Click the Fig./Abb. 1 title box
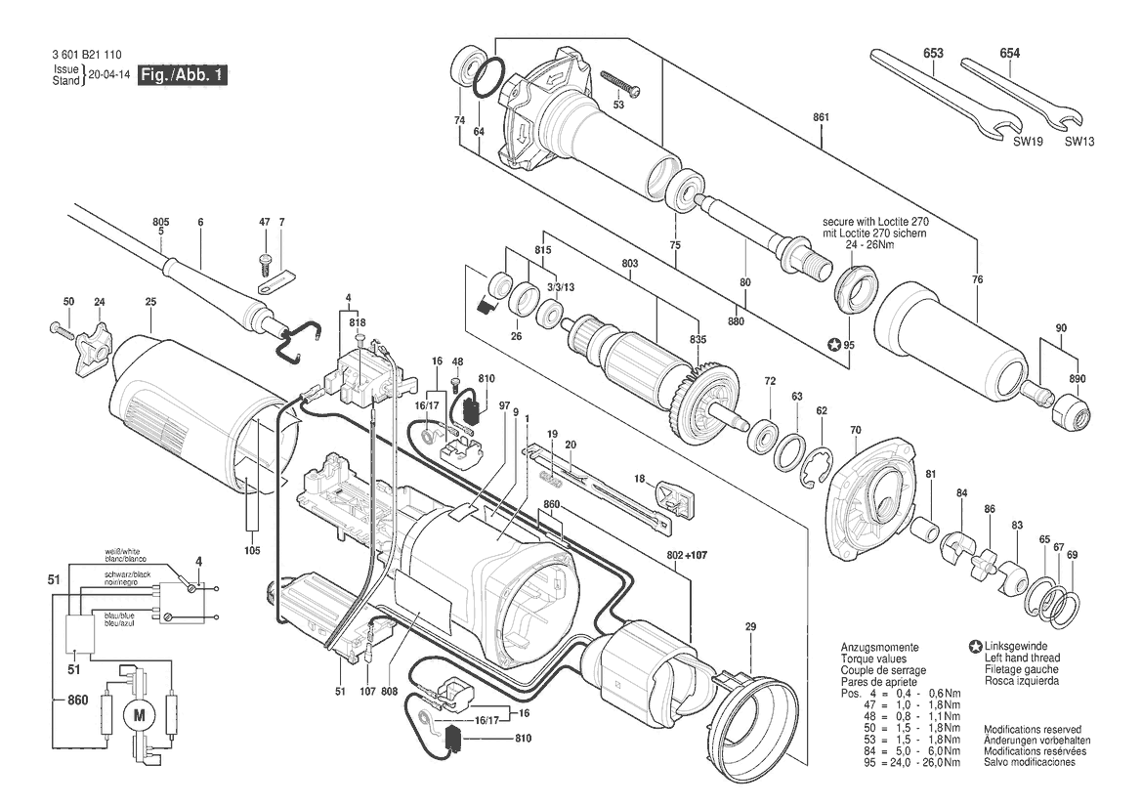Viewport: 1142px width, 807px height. click(183, 75)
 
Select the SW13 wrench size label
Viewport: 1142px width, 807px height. click(1079, 141)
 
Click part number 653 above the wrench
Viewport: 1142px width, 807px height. click(931, 53)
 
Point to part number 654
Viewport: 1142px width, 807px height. click(1009, 53)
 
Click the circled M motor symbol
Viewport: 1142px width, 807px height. click(137, 715)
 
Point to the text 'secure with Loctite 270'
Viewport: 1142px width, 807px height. click(872, 224)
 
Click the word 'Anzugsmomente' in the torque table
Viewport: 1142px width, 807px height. click(878, 648)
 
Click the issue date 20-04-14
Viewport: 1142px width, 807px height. click(108, 75)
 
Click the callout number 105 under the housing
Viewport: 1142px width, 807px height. click(252, 551)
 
